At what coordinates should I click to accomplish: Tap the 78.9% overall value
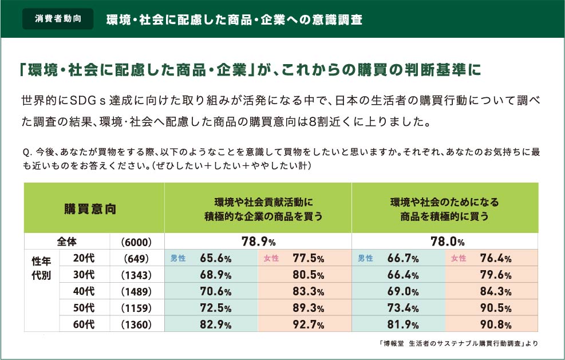(x=258, y=242)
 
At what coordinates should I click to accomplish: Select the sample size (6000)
(x=137, y=242)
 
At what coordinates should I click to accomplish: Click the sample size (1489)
(x=137, y=292)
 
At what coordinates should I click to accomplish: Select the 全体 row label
(x=67, y=241)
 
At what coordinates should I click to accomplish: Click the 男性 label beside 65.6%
(x=178, y=259)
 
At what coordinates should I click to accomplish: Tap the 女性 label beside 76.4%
(x=459, y=259)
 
